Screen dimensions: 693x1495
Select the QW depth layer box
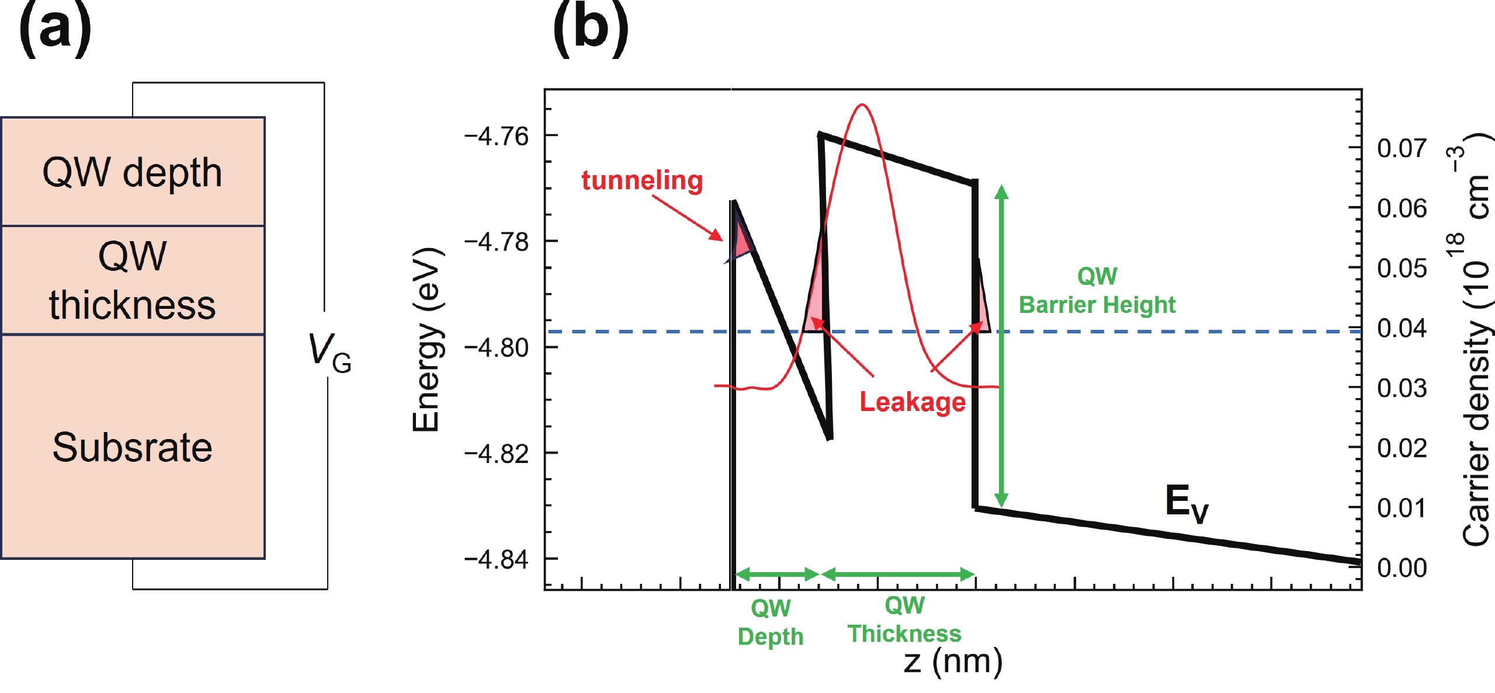tap(133, 172)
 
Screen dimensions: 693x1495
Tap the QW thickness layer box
tap(133, 280)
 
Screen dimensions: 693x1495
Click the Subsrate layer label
tap(133, 447)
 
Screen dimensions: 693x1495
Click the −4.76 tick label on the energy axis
tap(496, 137)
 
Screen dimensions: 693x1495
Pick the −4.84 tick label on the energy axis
tap(496, 560)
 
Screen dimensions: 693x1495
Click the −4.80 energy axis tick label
tap(496, 348)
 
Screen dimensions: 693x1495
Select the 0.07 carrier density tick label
tap(1402, 148)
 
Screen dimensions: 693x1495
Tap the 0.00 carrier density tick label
tap(1402, 567)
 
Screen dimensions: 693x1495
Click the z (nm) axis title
tap(953, 662)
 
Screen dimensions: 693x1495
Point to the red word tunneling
tap(642, 180)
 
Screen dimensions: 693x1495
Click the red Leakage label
tap(913, 402)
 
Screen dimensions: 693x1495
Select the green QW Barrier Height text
tap(1097, 290)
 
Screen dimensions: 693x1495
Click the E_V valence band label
tap(1186, 503)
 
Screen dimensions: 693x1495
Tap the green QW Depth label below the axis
tap(771, 622)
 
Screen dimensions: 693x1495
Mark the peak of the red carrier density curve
tap(862, 105)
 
